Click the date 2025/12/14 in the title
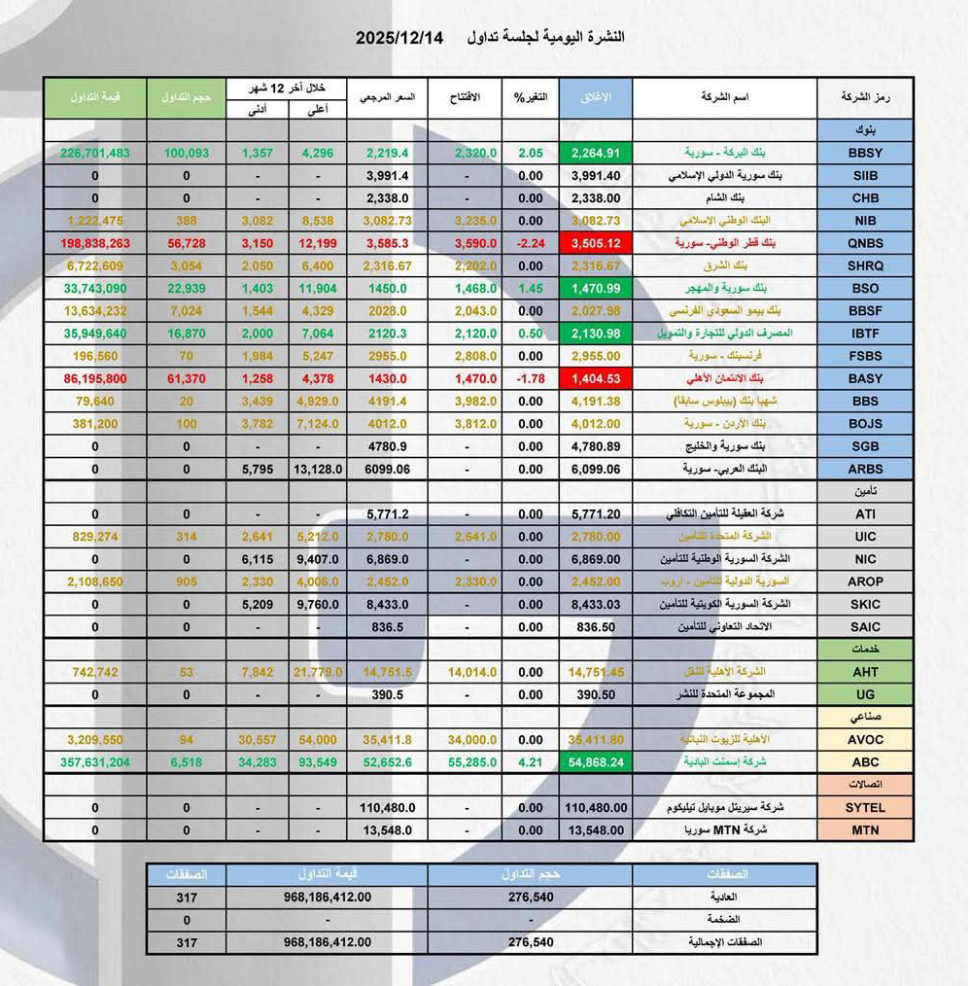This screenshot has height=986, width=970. coord(399,38)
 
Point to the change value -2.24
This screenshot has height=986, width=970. coord(530,243)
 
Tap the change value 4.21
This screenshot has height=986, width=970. coord(530,762)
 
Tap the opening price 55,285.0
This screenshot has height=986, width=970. coord(466,762)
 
